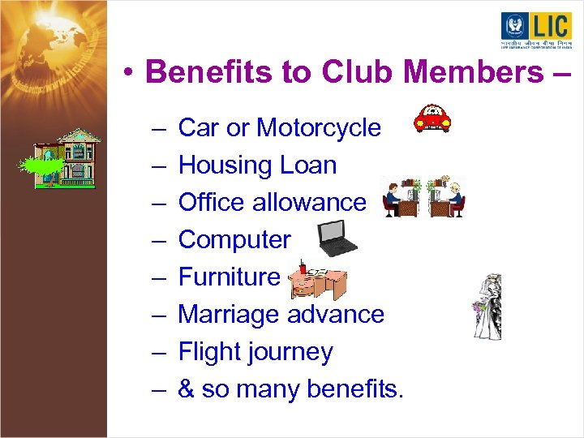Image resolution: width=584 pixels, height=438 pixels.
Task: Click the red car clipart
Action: (x=432, y=118)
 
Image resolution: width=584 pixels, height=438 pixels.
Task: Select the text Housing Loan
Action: (x=257, y=165)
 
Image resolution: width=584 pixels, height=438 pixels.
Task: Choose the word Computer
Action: (x=234, y=240)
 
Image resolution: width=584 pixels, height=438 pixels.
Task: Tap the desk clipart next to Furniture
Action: (x=319, y=280)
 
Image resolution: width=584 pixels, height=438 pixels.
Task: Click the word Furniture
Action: (x=229, y=277)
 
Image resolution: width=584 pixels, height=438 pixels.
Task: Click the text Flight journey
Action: (x=255, y=352)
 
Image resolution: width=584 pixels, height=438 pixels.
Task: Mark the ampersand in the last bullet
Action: (x=186, y=389)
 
